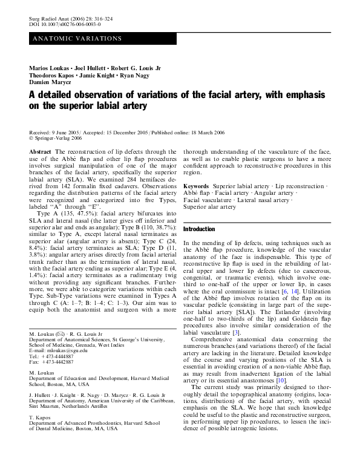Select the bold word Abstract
click(x=40, y=151)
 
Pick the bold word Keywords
click(x=196, y=186)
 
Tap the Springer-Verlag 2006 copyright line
click(x=57, y=137)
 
